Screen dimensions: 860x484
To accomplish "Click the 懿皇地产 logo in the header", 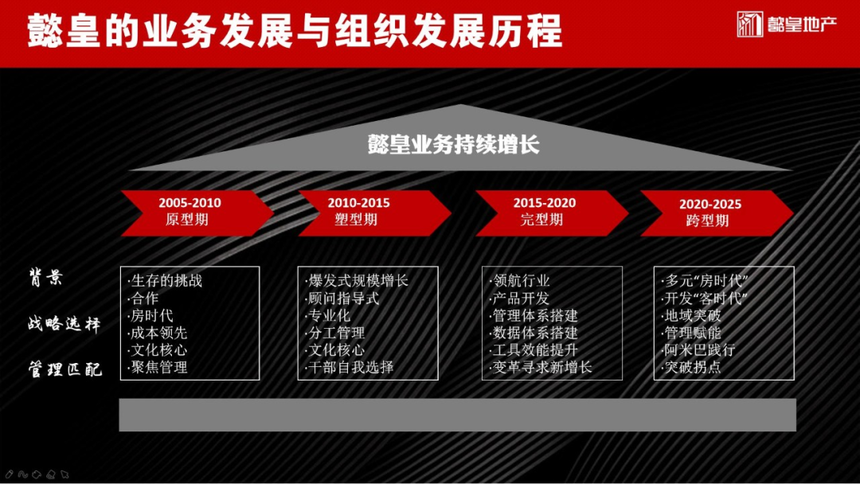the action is tap(787, 25).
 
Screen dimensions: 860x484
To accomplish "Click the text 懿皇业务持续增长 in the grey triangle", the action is tap(454, 145).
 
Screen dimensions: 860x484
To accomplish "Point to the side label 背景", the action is tap(46, 279).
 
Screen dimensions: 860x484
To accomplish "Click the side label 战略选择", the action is tap(64, 324).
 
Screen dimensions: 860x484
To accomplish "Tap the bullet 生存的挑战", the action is tap(165, 281).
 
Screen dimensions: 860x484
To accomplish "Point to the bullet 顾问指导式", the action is tap(342, 299).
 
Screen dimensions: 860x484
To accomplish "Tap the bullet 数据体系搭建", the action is tap(535, 333).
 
